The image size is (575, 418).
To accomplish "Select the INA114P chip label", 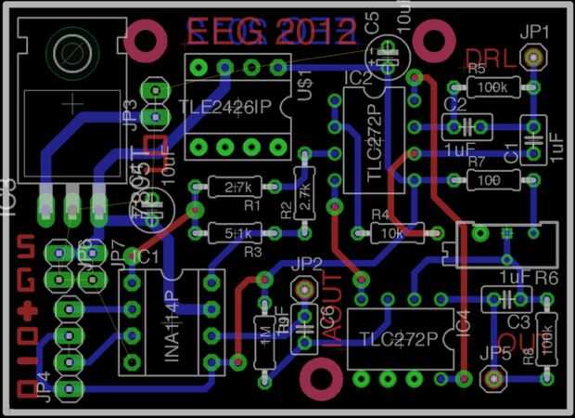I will [173, 321].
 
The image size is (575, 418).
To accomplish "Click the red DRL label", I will [492, 59].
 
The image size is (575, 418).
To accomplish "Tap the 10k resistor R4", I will [390, 231].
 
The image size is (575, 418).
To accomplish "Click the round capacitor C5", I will [390, 51].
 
